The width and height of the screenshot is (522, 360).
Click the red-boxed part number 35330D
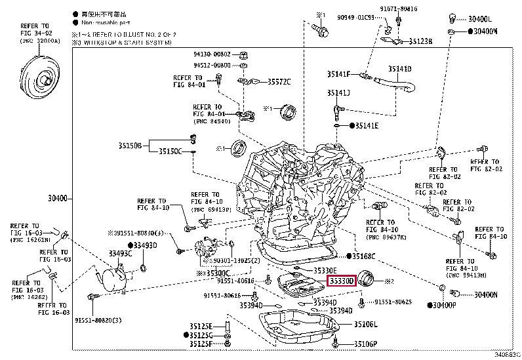pyautogui.click(x=341, y=281)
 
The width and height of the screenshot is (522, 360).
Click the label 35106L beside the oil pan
pyautogui.click(x=366, y=324)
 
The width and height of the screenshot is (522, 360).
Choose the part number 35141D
pyautogui.click(x=399, y=68)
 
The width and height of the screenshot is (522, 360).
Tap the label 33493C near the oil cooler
pyautogui.click(x=121, y=252)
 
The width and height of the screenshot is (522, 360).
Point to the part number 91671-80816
pyautogui.click(x=416, y=9)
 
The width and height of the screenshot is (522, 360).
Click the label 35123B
pyautogui.click(x=421, y=41)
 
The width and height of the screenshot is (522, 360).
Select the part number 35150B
pyautogui.click(x=130, y=144)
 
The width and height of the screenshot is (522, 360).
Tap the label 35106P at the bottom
pyautogui.click(x=366, y=344)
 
